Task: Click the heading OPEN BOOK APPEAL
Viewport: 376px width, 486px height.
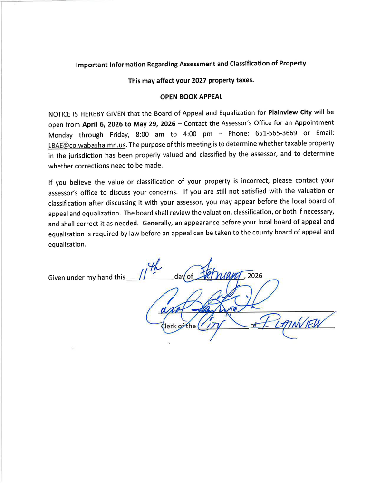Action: tap(191, 96)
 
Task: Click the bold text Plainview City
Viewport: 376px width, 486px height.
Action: tap(290, 113)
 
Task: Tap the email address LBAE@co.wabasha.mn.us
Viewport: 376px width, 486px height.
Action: tap(87, 144)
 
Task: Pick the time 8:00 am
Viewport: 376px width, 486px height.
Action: tap(149, 134)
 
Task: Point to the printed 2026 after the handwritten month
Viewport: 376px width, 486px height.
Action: tap(255, 276)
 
